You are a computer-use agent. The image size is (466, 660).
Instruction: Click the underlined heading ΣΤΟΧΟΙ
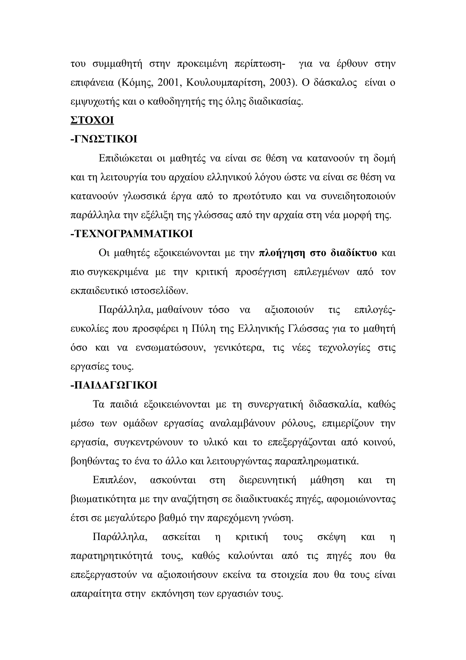pos(92,120)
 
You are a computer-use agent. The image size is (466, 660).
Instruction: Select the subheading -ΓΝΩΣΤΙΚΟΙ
pos(104,139)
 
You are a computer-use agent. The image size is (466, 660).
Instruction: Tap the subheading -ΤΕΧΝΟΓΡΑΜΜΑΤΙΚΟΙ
pos(132,234)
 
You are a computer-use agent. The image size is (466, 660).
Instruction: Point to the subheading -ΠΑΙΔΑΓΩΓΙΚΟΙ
pos(114,385)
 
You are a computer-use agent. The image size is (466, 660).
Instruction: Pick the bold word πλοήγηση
pos(282,253)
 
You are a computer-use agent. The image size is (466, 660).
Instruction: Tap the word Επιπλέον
pos(114,480)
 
